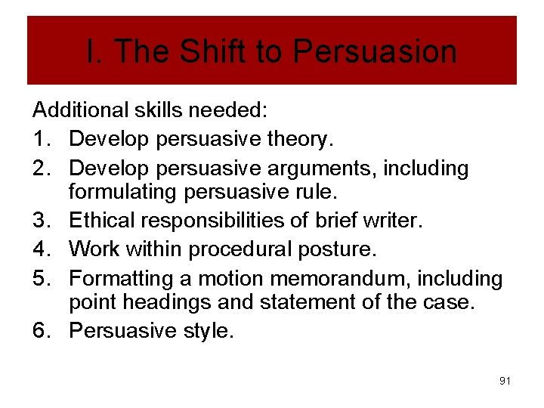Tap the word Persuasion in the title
coord(375,51)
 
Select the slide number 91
coord(505,381)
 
